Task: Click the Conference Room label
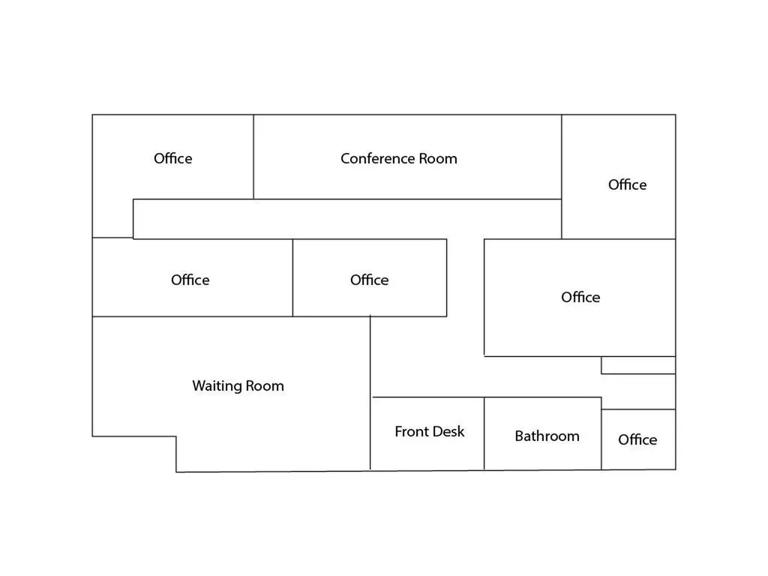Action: pos(399,159)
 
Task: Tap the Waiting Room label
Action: pos(238,386)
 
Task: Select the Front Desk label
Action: pos(430,431)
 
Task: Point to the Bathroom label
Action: pos(547,436)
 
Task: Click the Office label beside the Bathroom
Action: pos(637,439)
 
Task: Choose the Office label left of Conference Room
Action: pos(173,159)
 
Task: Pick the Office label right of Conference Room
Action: pos(628,184)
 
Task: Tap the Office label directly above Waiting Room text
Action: pos(190,280)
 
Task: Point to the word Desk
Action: pos(449,431)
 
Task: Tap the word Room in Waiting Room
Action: pos(265,386)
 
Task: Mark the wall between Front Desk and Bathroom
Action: pos(484,433)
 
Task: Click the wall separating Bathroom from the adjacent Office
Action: pos(601,433)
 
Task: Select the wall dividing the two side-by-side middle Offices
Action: pos(293,277)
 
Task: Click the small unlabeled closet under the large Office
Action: pos(638,365)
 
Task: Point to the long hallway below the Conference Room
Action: pos(347,219)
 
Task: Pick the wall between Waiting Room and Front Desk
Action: pos(370,393)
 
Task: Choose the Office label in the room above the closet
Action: pos(580,297)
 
